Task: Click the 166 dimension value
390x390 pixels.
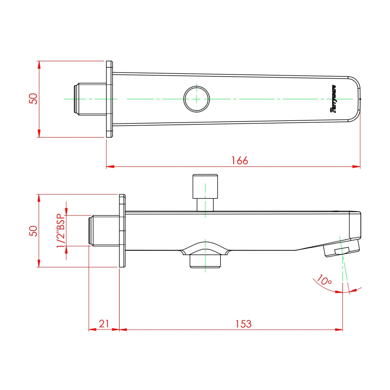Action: tap(240, 161)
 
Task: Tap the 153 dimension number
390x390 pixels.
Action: tap(243, 324)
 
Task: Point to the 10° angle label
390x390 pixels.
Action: tap(324, 280)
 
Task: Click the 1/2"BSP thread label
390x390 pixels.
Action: tap(61, 231)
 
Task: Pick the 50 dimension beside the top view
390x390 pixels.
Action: tap(33, 99)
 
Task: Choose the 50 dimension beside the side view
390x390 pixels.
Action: tap(33, 231)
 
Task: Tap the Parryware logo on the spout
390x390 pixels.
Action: tap(333, 99)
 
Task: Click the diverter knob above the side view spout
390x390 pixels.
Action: tap(205, 186)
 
